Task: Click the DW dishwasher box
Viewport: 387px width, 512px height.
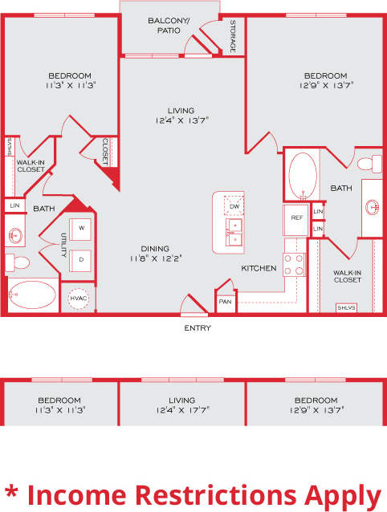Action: click(234, 207)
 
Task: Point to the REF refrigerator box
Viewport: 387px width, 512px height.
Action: click(296, 217)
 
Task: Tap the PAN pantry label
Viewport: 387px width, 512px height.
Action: click(224, 303)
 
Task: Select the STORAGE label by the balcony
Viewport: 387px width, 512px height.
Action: click(233, 36)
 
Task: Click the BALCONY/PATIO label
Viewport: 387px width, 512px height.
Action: click(169, 25)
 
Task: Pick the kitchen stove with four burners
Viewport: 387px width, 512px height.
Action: click(295, 264)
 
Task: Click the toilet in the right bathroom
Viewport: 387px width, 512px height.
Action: click(368, 164)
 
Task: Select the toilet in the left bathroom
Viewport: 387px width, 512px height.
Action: click(15, 261)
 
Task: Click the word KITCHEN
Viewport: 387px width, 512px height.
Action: click(259, 268)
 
